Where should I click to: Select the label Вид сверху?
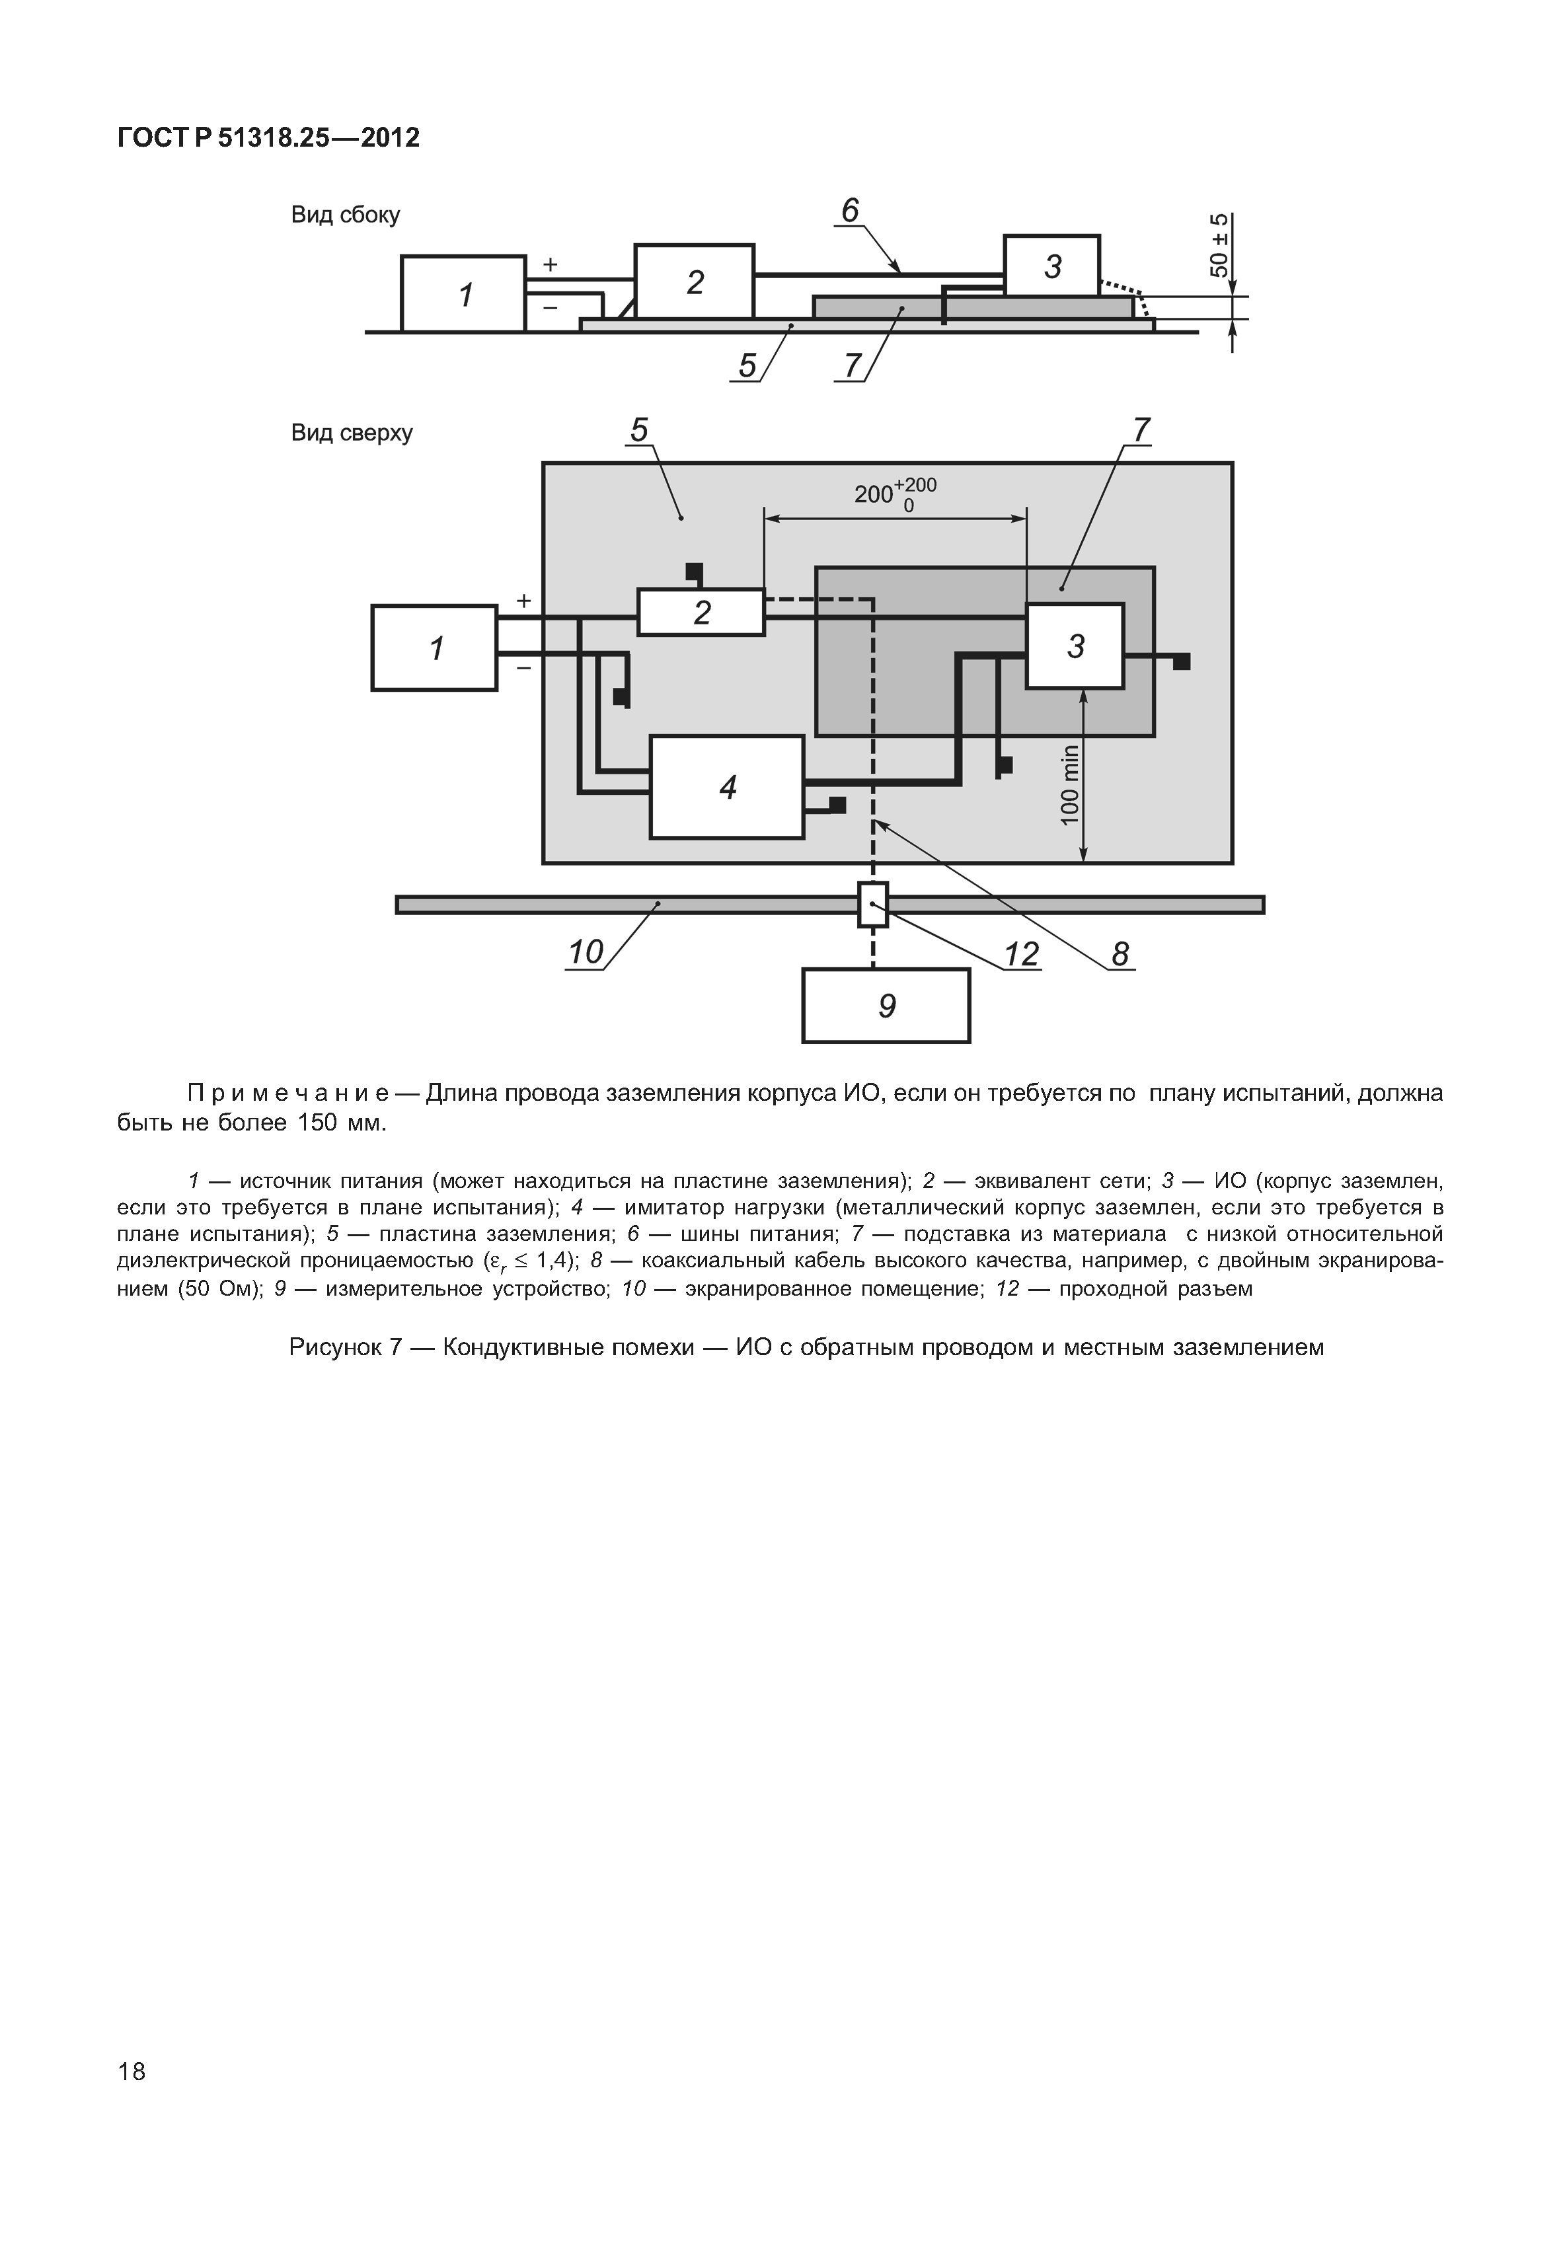pyautogui.click(x=351, y=432)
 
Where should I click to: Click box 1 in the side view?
pyautogui.click(x=463, y=293)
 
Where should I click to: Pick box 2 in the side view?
pyautogui.click(x=695, y=281)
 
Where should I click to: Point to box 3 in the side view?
pyautogui.click(x=1051, y=266)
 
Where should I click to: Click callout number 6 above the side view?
pyautogui.click(x=849, y=211)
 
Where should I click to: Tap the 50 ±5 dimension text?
pyautogui.click(x=1219, y=244)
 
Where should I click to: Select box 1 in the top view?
pyautogui.click(x=434, y=648)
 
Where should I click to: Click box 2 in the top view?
pyautogui.click(x=701, y=612)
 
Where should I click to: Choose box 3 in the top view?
pyautogui.click(x=1075, y=646)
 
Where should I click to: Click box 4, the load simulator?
pyautogui.click(x=727, y=787)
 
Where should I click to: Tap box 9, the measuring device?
pyautogui.click(x=886, y=1006)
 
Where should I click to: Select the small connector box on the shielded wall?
pyautogui.click(x=872, y=904)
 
